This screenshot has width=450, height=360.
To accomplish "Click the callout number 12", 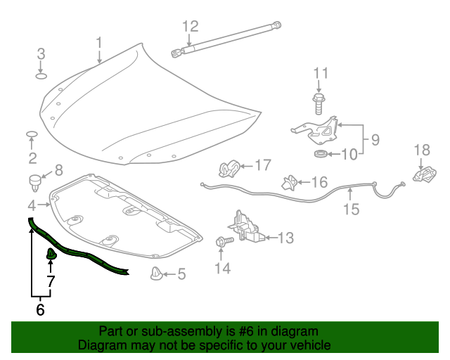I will [x=191, y=27].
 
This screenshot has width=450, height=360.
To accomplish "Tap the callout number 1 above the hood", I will [x=99, y=42].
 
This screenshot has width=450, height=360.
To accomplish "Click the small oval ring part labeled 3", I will [x=41, y=76].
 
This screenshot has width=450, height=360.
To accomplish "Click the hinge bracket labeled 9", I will [x=316, y=129].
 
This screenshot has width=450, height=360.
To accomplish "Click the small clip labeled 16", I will [x=289, y=183].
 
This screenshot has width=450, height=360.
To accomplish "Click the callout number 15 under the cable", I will [x=350, y=209].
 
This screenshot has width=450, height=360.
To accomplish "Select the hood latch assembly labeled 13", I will [x=247, y=229].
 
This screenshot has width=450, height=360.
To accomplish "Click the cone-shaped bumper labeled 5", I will [x=156, y=274].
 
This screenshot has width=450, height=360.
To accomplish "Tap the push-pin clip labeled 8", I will [x=34, y=181].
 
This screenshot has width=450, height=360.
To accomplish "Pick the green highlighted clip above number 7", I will [x=51, y=253].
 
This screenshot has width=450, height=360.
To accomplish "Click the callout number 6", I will [x=40, y=309].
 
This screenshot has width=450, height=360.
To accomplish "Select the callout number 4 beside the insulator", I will [x=32, y=205].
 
